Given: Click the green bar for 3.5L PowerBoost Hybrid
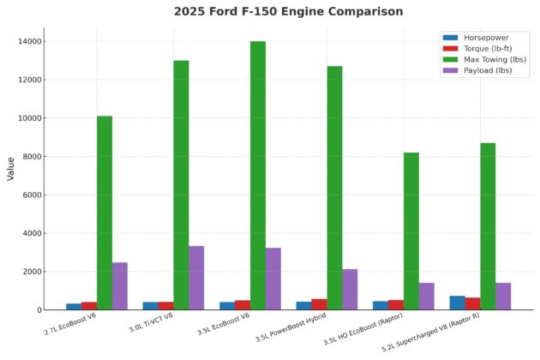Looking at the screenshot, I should point(334,188).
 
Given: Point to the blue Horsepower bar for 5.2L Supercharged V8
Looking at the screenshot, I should point(457,303).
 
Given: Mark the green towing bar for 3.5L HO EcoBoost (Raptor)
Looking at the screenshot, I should point(411,231).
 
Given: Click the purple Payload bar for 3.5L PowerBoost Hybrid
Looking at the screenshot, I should point(350,290).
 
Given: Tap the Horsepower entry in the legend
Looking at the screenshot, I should point(484,39).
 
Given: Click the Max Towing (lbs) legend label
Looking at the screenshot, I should point(495,60).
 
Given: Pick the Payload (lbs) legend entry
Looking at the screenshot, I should point(488,71).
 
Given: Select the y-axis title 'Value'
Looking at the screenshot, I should point(11,167).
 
